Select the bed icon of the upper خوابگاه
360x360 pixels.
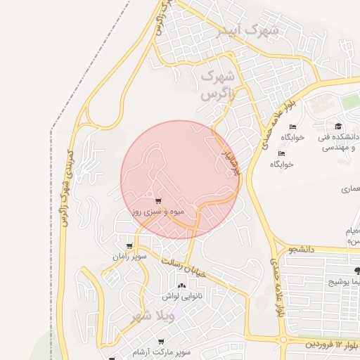292,127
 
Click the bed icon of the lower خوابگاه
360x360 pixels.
282,153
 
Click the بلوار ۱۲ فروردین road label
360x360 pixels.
332,343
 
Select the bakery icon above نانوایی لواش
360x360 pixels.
182,285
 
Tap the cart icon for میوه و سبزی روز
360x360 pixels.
157,201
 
